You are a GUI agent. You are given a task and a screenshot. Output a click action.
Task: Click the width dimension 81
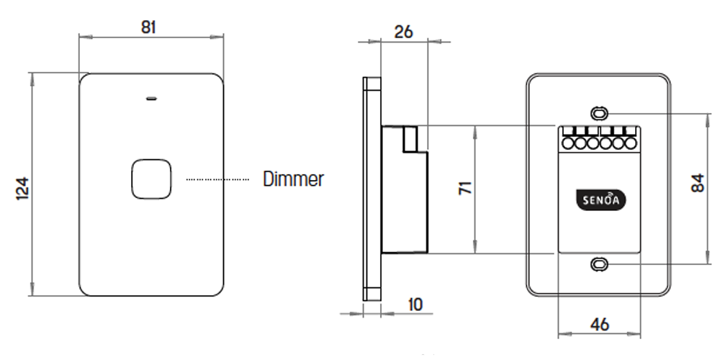coord(149,27)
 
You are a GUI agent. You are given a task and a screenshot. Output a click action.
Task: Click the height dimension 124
coord(21,189)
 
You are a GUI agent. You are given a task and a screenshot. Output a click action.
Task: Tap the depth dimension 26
coord(405,32)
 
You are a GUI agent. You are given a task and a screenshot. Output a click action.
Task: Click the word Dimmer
coord(293,179)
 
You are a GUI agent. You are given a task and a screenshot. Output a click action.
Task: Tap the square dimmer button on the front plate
coord(151,179)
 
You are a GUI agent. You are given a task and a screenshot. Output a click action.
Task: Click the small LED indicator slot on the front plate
coord(151,98)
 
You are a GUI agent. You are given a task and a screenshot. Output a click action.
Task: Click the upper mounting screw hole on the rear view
coord(598,113)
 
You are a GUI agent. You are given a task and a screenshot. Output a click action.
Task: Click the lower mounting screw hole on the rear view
coord(598,264)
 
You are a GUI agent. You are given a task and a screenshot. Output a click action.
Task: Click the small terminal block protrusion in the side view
coord(411,139)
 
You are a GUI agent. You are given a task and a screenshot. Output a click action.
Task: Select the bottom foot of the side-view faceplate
coord(372,294)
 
